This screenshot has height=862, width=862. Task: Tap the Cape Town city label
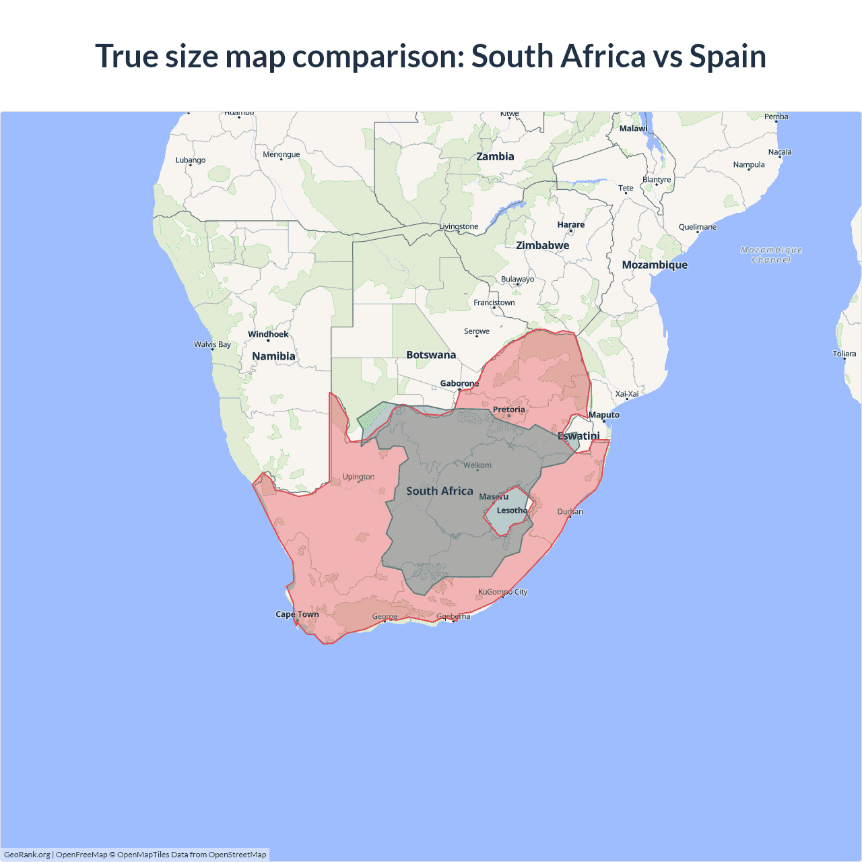tap(297, 614)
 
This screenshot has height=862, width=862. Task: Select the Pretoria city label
tap(508, 409)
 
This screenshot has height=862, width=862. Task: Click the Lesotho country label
tap(512, 510)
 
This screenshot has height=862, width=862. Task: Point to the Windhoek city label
tap(268, 334)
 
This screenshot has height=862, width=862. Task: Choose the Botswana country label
tap(431, 355)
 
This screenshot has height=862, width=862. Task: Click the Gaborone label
tap(459, 383)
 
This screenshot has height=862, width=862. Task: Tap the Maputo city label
tap(604, 415)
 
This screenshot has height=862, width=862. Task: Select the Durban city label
tap(570, 512)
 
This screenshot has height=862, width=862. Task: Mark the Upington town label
tap(358, 477)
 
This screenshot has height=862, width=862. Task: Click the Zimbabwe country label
tap(542, 245)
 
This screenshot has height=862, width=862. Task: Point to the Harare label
tap(570, 224)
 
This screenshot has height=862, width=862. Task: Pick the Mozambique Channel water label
tap(771, 255)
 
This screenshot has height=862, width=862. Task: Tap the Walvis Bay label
tap(212, 344)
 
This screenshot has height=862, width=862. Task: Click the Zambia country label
tap(495, 156)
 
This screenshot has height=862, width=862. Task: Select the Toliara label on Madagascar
tap(844, 354)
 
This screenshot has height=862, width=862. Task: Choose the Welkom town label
tap(477, 465)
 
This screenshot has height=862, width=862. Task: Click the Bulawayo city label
tap(517, 279)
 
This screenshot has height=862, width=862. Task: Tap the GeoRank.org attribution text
tap(27, 855)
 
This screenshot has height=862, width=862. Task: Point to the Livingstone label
tap(459, 226)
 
